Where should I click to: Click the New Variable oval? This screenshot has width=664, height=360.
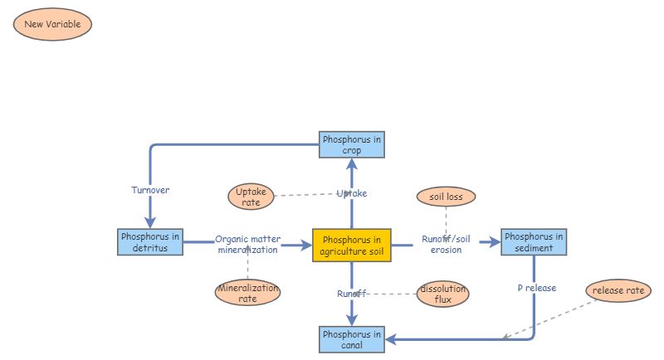(52, 24)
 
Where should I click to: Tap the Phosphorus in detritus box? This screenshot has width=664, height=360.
(149, 242)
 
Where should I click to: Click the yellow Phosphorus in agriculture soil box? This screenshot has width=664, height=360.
(351, 246)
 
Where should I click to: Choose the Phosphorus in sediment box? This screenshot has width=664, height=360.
(534, 242)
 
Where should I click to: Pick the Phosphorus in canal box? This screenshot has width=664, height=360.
(351, 339)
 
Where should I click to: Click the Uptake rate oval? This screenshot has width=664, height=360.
(251, 197)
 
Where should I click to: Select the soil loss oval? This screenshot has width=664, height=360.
(446, 197)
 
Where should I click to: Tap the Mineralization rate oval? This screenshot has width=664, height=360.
(247, 293)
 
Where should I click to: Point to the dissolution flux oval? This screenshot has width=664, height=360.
(442, 294)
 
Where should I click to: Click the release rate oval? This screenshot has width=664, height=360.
(618, 290)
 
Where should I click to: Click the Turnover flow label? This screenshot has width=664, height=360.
(150, 190)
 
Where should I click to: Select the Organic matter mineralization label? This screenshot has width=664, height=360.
(247, 244)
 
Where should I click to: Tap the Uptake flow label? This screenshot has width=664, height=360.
(351, 193)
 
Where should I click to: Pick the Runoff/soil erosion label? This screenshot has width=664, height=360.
(446, 244)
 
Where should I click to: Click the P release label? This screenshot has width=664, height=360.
(536, 288)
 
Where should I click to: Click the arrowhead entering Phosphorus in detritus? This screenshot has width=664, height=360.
(150, 222)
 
